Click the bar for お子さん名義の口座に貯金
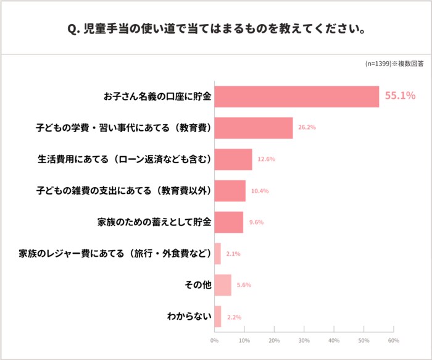coord(296,96)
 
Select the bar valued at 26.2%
coord(253,128)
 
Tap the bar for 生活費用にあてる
coord(233,159)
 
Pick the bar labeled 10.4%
coord(230,191)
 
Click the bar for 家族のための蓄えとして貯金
coord(228,222)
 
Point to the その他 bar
coord(223,285)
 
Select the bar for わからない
coord(217,317)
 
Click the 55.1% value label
coord(400,96)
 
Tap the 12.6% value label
coord(267,159)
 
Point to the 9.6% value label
coord(255,222)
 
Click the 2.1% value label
coord(233,254)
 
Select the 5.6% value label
coord(244,285)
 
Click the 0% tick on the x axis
coord(214,341)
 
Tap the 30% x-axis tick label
coord(304,341)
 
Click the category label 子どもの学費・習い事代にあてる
coord(123,128)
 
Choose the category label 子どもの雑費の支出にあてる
coord(123,191)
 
